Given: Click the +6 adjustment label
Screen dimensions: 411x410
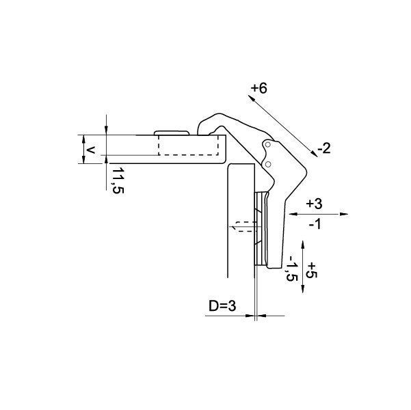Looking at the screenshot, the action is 258,88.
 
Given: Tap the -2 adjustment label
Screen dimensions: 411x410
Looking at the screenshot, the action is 324,148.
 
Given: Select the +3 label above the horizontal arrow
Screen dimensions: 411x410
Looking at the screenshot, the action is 314,204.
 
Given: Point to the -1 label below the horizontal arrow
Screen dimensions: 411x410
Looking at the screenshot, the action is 315,224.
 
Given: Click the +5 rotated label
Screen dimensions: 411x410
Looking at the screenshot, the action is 312,270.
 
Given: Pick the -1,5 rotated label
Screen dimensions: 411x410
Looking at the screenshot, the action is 291,269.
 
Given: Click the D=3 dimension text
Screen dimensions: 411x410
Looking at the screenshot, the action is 222,305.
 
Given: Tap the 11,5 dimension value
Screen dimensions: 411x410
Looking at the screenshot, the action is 118,180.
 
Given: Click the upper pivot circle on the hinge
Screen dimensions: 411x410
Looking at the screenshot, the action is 267,144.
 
